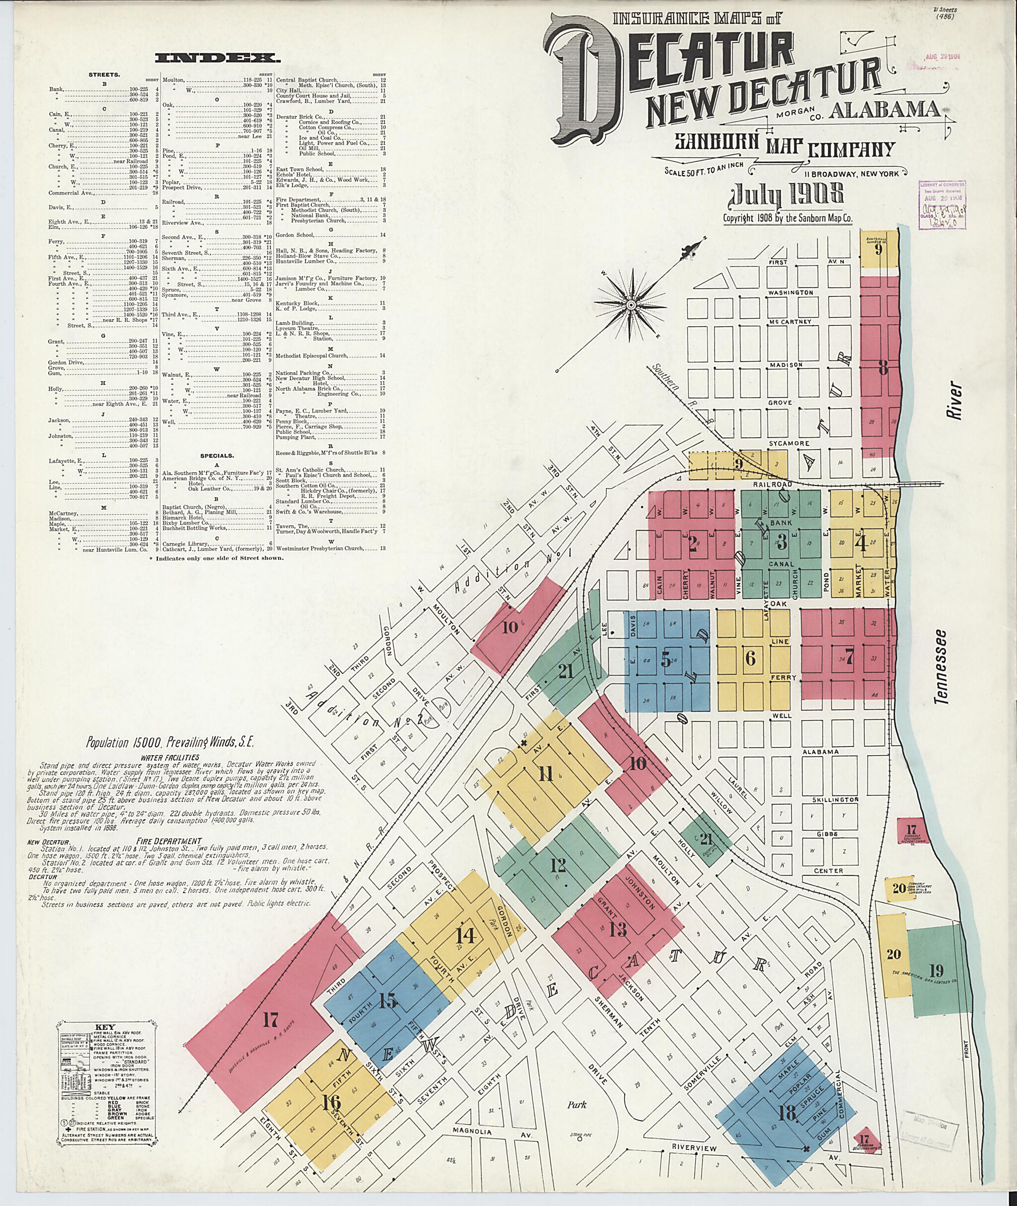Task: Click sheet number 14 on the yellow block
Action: tap(465, 936)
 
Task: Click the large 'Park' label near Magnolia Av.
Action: tap(576, 1103)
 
